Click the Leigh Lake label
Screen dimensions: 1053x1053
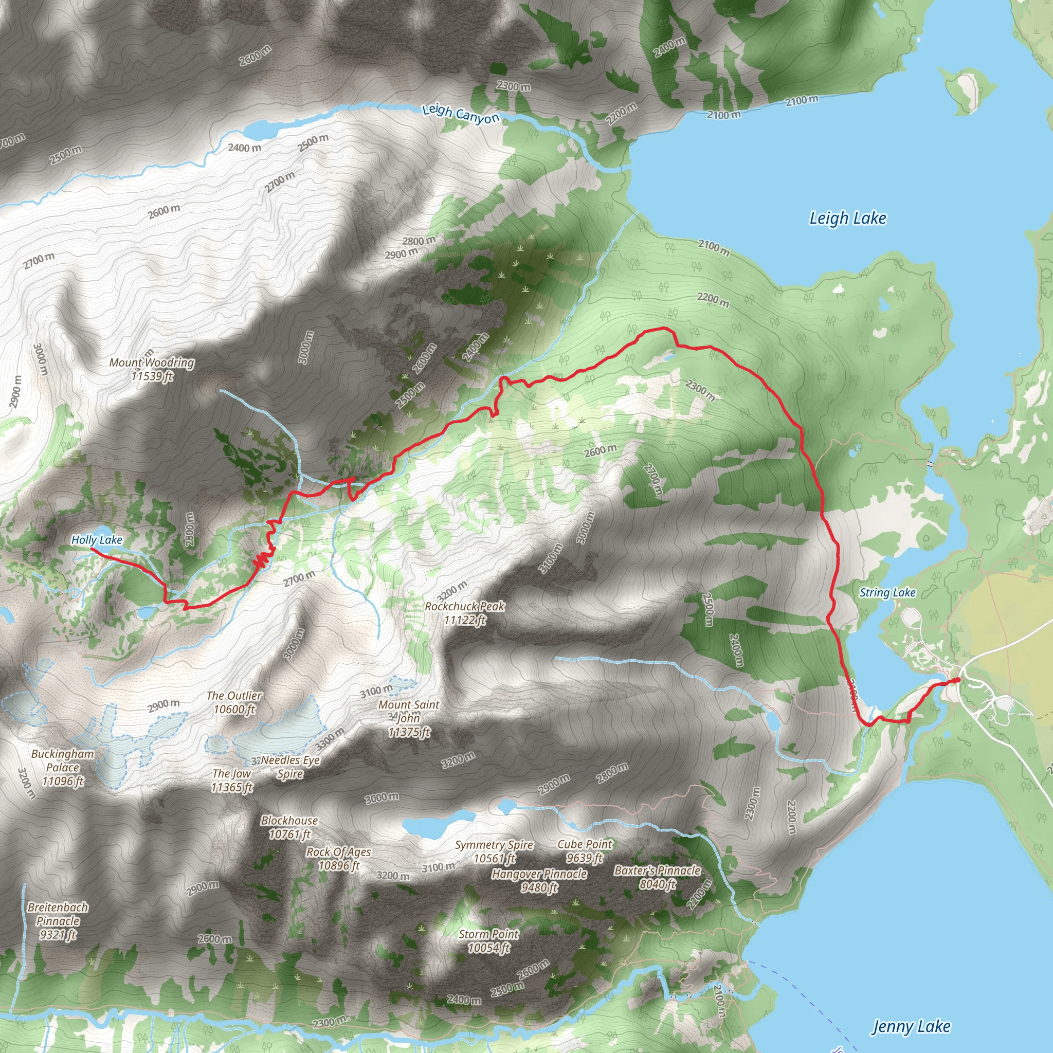pos(847,219)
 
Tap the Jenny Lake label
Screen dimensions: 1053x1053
pos(911,1027)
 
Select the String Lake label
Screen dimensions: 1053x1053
pos(887,592)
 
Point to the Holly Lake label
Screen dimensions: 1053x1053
pos(97,539)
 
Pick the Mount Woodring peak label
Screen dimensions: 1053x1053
pos(152,369)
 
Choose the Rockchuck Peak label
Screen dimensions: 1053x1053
pos(465,612)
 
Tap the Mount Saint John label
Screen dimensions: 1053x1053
pos(409,718)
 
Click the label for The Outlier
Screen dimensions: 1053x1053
pos(234,702)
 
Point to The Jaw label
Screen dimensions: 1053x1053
pos(232,780)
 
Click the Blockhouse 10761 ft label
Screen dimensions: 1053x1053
pos(289,827)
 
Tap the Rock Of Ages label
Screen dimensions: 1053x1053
pos(338,859)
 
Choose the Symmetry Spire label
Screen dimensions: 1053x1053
pos(494,851)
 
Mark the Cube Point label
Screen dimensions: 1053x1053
pos(585,851)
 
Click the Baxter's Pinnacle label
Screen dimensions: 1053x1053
pos(658,877)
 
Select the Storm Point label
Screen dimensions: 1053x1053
pos(489,941)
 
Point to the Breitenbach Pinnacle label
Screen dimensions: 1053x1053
pos(58,920)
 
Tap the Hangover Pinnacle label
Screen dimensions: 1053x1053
pos(539,880)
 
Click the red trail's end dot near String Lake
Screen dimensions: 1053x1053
pos(957,680)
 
